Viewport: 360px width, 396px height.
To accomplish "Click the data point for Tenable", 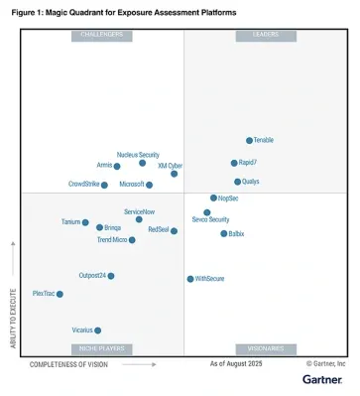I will click(x=249, y=140).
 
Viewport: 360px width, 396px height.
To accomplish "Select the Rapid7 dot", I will click(x=234, y=163).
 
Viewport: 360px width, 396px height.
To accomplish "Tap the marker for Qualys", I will click(x=237, y=182).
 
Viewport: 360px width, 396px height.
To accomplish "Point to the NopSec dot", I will click(x=213, y=198).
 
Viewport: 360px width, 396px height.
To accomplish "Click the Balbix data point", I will click(x=222, y=233).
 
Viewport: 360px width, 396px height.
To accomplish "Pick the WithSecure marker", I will click(x=190, y=279).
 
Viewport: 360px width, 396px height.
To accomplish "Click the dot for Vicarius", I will click(x=97, y=330).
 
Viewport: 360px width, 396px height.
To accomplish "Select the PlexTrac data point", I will click(x=60, y=294).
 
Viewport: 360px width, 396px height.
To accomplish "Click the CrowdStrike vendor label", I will click(x=83, y=184).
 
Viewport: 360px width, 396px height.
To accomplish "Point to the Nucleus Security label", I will click(x=138, y=155).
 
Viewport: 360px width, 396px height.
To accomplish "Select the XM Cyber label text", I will click(x=170, y=166).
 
